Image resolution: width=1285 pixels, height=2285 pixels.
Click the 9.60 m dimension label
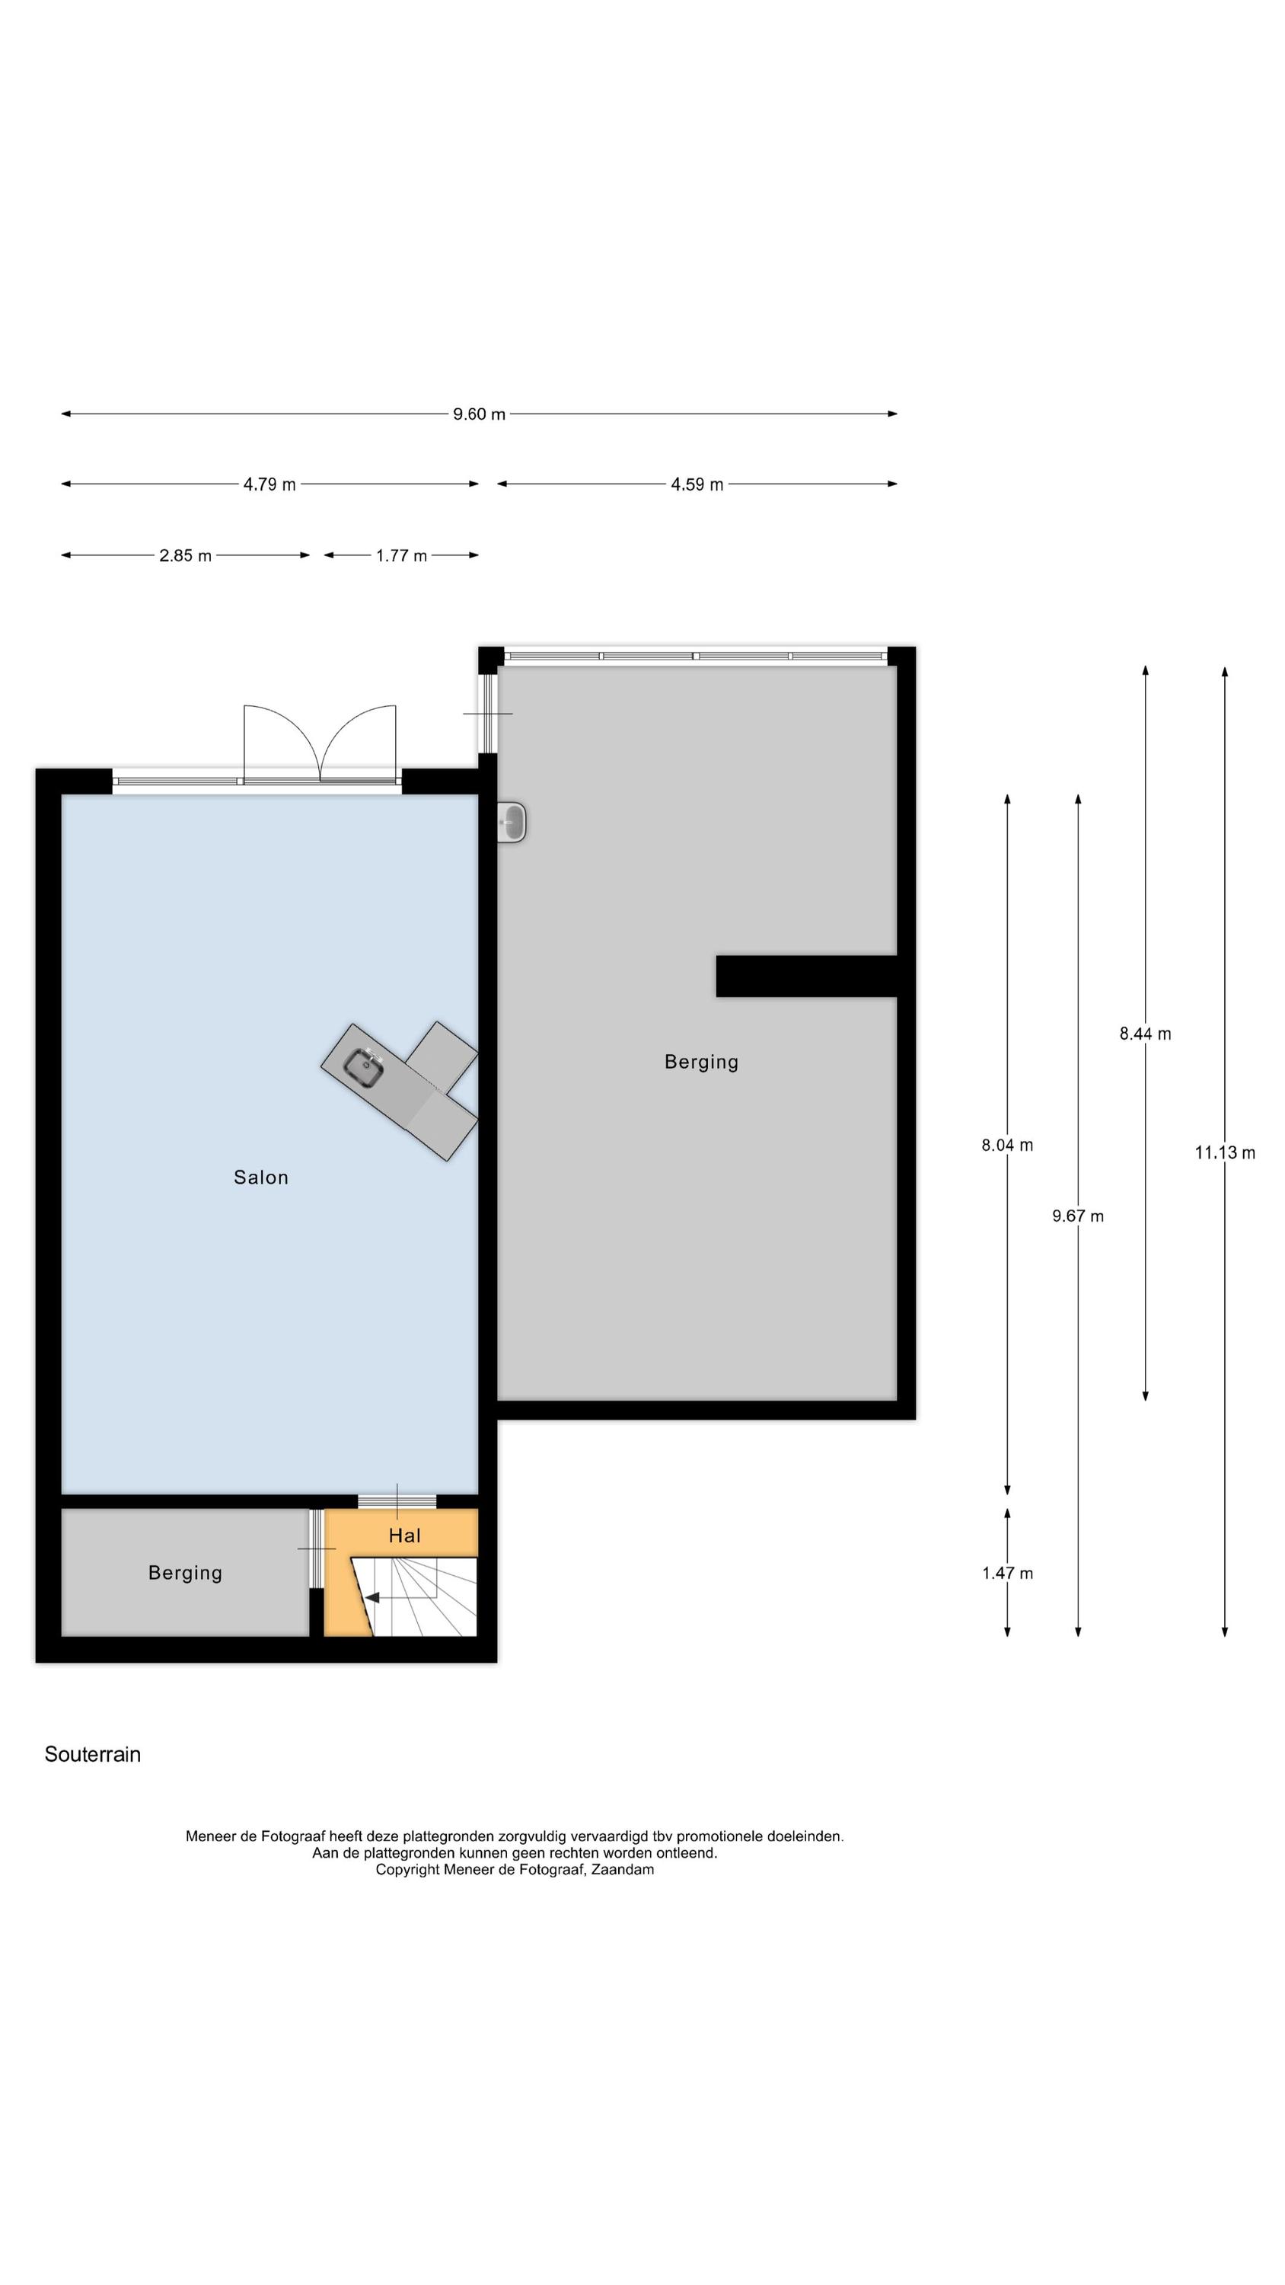tap(479, 414)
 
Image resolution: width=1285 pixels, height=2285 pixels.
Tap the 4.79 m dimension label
tap(269, 484)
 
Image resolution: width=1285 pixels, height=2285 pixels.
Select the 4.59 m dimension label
tap(697, 484)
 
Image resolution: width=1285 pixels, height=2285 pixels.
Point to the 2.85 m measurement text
tap(185, 556)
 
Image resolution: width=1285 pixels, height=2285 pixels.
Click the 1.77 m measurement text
tap(401, 556)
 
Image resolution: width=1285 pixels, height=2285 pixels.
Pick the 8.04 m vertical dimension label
tap(1006, 1145)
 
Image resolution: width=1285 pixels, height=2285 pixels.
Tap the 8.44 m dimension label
tap(1145, 1034)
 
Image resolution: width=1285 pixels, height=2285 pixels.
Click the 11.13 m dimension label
tap(1225, 1152)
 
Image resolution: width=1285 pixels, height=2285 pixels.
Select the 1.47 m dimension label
tap(1006, 1574)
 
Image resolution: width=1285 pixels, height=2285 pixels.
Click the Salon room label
tap(260, 1177)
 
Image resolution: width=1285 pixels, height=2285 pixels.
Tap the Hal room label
tap(404, 1536)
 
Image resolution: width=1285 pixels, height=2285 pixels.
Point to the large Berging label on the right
tap(701, 1062)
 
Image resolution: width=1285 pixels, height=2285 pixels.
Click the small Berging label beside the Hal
tap(185, 1573)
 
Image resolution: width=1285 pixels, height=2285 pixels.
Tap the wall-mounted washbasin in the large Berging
tap(512, 823)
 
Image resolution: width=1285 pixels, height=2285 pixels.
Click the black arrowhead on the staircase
tap(372, 1597)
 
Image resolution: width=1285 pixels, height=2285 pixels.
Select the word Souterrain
tap(92, 1755)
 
